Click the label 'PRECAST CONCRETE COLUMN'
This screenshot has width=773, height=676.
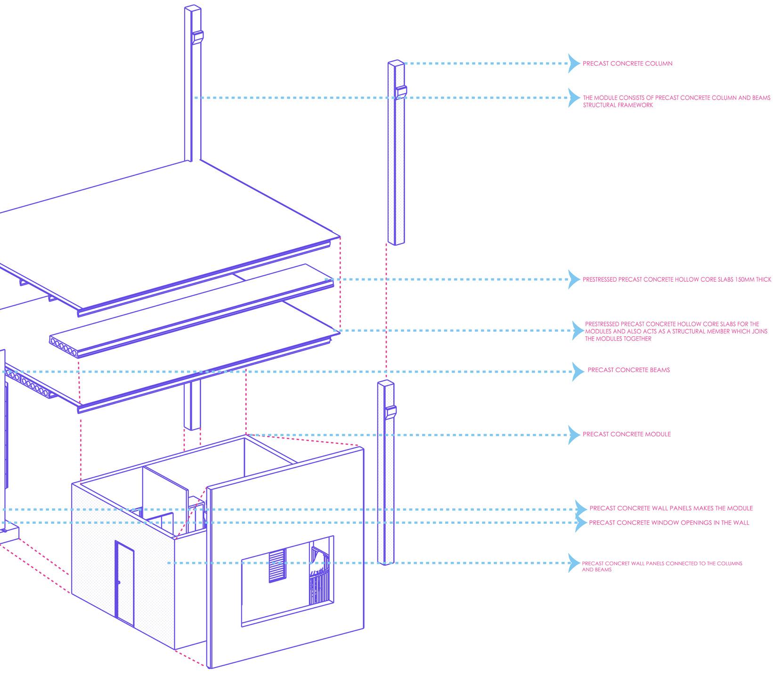(627, 64)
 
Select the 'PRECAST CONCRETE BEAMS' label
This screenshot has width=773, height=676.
(628, 370)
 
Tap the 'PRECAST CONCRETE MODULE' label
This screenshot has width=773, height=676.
(627, 434)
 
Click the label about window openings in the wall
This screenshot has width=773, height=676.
(669, 523)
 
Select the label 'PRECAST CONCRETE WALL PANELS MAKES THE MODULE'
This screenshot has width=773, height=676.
(671, 509)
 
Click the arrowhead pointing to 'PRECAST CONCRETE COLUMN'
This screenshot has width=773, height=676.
(574, 64)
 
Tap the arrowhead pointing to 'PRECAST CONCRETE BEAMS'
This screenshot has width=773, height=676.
(578, 372)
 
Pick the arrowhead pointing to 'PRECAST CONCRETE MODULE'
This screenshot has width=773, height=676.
(574, 435)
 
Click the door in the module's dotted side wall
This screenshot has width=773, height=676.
(124, 583)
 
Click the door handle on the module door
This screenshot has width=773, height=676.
(119, 583)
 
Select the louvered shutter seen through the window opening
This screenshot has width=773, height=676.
(277, 565)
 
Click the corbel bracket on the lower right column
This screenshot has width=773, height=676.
(391, 412)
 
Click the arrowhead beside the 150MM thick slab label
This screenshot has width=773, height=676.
(574, 280)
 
